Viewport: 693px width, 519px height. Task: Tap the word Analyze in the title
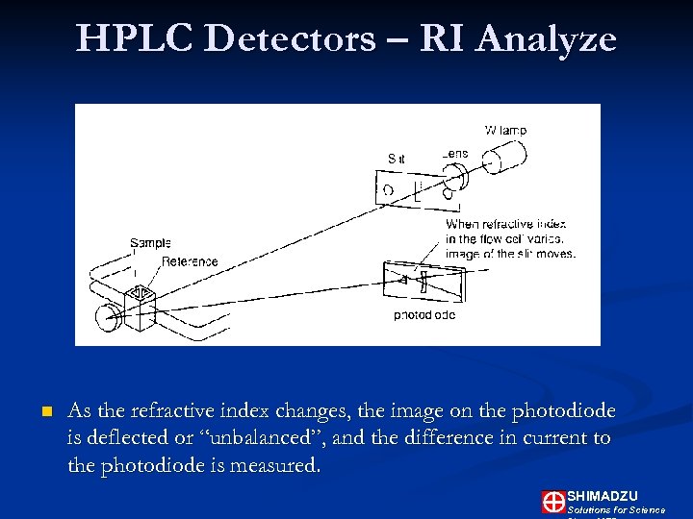[546, 38]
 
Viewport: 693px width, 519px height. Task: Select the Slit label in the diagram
[396, 159]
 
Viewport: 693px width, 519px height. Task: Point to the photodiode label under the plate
[424, 315]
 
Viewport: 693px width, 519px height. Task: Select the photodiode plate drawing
[423, 281]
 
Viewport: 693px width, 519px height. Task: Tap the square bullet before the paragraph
[44, 412]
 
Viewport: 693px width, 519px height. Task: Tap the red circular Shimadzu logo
[553, 501]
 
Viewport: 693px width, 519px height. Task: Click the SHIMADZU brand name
[603, 495]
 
